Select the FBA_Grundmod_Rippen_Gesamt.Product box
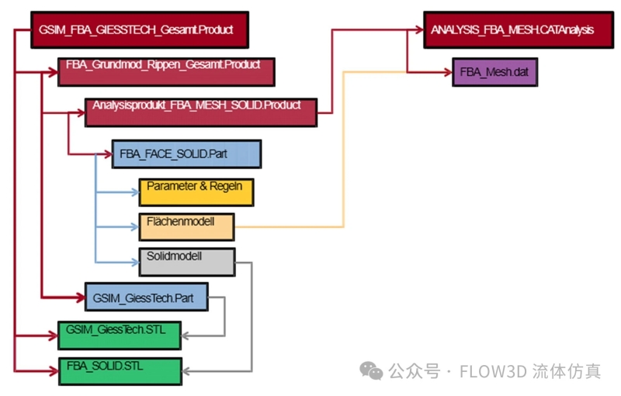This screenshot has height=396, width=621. pos(167,71)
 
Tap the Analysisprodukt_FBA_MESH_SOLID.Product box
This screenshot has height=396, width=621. pos(201,111)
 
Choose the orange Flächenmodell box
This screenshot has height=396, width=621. pos(186,226)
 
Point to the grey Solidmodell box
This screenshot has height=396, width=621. pos(187,261)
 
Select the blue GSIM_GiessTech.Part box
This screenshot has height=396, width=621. pos(146,296)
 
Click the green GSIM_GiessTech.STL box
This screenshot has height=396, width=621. pos(120,333)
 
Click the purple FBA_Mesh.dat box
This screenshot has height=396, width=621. pos(494,73)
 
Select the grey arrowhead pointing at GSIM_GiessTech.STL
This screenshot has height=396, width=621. pos(187,335)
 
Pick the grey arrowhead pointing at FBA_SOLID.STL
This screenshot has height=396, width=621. pos(187,371)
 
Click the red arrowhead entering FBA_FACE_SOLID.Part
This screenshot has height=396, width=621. pos(107,153)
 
